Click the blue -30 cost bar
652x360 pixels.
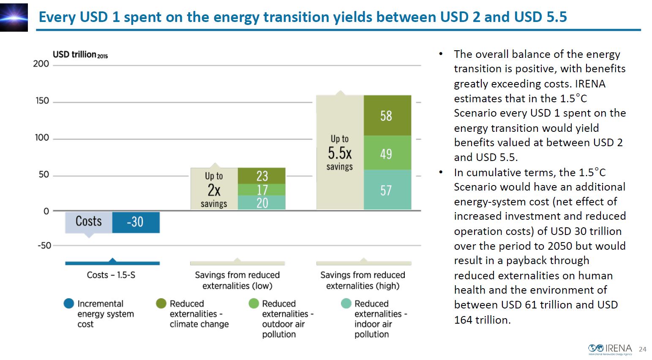[x=136, y=222]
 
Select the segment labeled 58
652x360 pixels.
[x=387, y=115]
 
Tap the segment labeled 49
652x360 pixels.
[x=387, y=153]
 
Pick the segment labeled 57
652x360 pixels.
[x=387, y=190]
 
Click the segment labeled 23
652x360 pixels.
[x=262, y=176]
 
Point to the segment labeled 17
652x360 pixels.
[x=262, y=190]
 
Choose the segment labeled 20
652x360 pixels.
[x=262, y=203]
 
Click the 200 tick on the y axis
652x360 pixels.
[x=41, y=64]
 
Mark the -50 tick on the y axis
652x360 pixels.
[x=44, y=245]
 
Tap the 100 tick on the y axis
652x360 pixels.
[x=42, y=138]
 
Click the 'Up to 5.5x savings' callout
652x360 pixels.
[x=340, y=153]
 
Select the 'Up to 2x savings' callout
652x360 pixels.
[x=214, y=189]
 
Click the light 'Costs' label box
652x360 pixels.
[x=89, y=222]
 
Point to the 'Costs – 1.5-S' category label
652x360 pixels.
[x=111, y=275]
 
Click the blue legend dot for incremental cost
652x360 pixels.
[x=69, y=303]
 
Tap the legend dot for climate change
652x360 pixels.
[x=161, y=303]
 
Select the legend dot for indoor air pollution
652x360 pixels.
[x=346, y=303]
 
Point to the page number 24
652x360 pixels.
[x=642, y=349]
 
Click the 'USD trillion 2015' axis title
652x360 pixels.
[x=80, y=55]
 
